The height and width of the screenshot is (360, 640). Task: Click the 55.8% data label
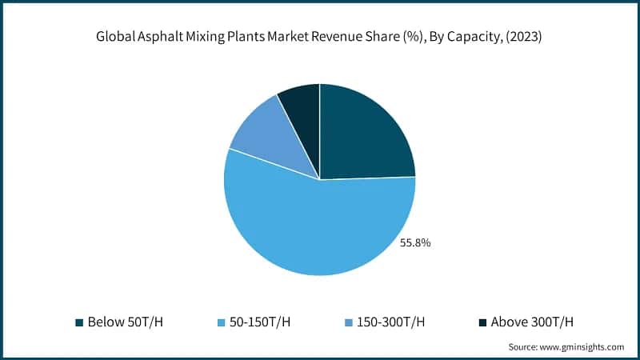(x=415, y=242)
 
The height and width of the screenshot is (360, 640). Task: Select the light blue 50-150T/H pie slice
(x=312, y=228)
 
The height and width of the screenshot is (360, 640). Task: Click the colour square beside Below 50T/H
(x=79, y=322)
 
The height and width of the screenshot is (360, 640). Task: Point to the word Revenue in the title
(x=342, y=36)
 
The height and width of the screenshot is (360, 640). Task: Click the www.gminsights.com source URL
(x=581, y=347)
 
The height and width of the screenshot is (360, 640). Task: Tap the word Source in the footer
(x=522, y=347)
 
